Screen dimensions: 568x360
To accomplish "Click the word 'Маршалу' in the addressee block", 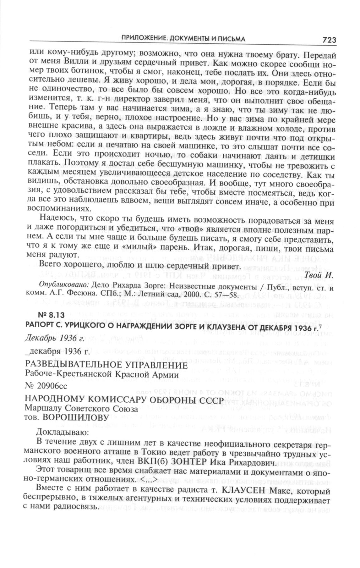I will [x=40, y=409].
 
